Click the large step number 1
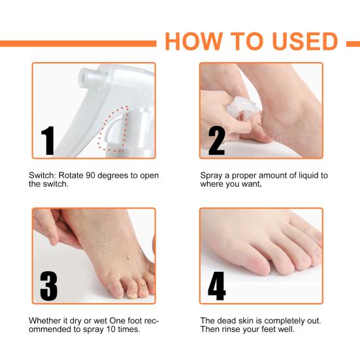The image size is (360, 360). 48,140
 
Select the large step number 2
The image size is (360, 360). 217,140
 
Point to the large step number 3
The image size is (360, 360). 48,286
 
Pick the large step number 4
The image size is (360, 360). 217,286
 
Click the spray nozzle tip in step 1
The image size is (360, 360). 86,78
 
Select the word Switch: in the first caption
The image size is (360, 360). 42,175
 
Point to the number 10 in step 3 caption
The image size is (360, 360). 111,329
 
